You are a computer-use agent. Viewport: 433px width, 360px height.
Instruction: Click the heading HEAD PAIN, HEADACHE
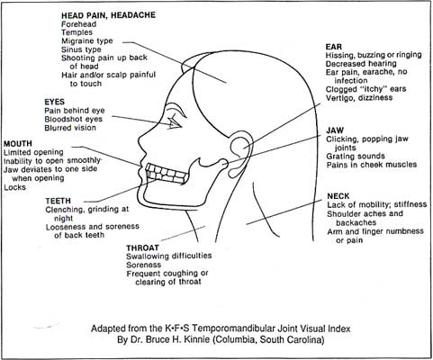pos(108,15)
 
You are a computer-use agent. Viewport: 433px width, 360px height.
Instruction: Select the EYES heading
pos(54,102)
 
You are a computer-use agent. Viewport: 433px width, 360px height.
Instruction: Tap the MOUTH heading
pos(18,144)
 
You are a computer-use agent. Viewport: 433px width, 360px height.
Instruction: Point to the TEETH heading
pos(59,201)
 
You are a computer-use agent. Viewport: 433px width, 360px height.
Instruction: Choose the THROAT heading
pos(142,248)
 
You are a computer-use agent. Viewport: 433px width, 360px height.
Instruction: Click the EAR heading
pos(334,47)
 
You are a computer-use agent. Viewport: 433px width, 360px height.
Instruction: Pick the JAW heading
pos(335,130)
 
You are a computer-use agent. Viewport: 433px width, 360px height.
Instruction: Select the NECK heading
pos(338,196)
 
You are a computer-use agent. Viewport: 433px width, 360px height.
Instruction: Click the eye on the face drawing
pos(175,122)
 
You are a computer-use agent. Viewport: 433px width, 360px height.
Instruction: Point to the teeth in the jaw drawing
pos(165,174)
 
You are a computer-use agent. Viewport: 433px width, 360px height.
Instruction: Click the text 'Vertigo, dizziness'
pos(359,98)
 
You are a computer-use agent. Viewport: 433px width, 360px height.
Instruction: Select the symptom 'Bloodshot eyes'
pos(73,119)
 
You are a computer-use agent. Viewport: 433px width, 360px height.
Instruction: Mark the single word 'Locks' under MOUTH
pos(14,187)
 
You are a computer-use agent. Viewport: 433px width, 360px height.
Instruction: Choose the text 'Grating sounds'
pos(356,157)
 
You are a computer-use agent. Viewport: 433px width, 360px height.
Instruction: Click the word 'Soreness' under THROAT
pos(144,265)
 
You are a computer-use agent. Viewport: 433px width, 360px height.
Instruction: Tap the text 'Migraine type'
pos(87,41)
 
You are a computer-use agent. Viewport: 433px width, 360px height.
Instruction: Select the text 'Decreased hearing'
pos(361,64)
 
